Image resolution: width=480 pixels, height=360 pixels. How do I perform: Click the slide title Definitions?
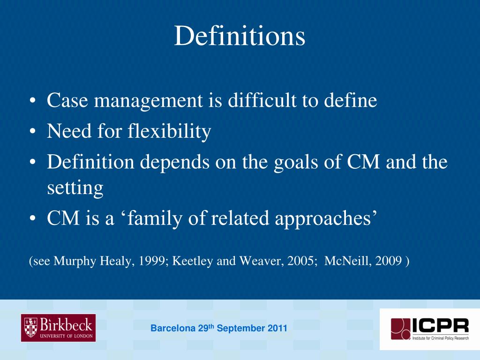[240, 37]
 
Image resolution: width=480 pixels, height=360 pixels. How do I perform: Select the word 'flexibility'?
[169, 132]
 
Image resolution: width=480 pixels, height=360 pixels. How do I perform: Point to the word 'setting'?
[75, 188]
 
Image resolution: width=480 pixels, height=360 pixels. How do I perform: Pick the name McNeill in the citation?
[346, 261]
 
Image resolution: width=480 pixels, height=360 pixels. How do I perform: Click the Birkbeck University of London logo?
[58, 328]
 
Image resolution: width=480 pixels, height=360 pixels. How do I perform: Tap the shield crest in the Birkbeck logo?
[30, 327]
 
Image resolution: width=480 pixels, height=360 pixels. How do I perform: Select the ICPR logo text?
[440, 325]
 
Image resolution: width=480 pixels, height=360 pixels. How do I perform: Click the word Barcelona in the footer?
[172, 329]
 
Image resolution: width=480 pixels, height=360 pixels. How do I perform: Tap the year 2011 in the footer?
[277, 329]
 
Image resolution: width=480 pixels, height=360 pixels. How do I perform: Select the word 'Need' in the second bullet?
[68, 132]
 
